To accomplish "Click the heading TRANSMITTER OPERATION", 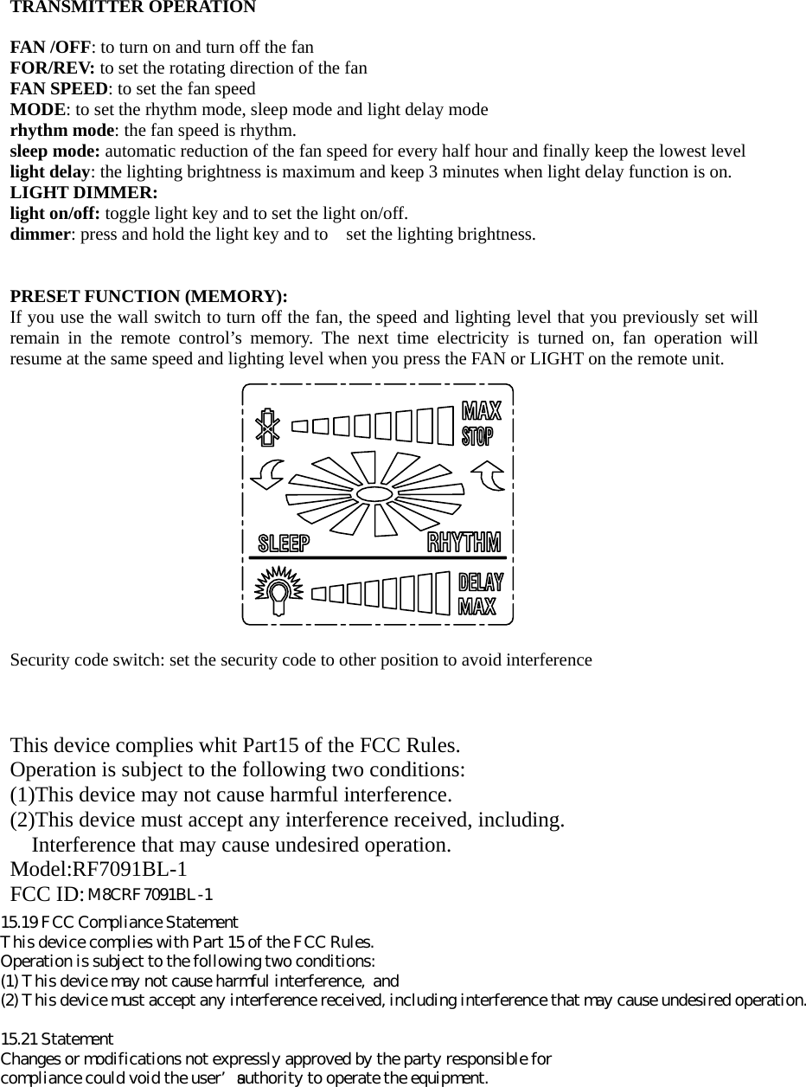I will click(132, 8).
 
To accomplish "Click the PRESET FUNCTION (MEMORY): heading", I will click(148, 297).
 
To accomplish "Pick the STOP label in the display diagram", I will click(477, 435).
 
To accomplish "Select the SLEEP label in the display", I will click(284, 543).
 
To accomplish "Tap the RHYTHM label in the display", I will click(464, 543).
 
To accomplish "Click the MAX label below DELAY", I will click(477, 605).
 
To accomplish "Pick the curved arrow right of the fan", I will click(489, 475).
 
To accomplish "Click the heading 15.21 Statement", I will click(57, 1039).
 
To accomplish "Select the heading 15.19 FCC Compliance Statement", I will click(119, 923).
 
